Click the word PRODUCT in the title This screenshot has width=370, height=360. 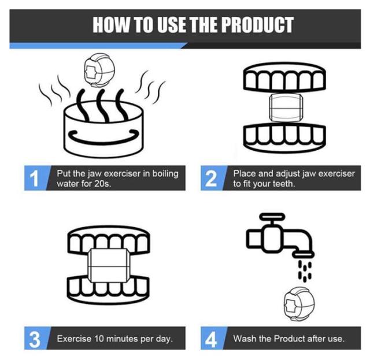click(257, 25)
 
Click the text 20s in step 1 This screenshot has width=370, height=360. click(102, 184)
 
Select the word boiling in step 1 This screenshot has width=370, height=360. click(165, 174)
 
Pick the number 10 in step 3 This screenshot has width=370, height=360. click(99, 339)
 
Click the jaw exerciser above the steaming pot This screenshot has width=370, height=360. click(100, 70)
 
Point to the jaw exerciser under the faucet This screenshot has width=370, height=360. click(299, 304)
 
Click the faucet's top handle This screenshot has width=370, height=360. click(272, 216)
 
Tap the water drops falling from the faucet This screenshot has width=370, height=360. click(305, 270)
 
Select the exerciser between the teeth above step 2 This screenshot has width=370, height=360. click(286, 107)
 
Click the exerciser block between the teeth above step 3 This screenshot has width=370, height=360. click(108, 265)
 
